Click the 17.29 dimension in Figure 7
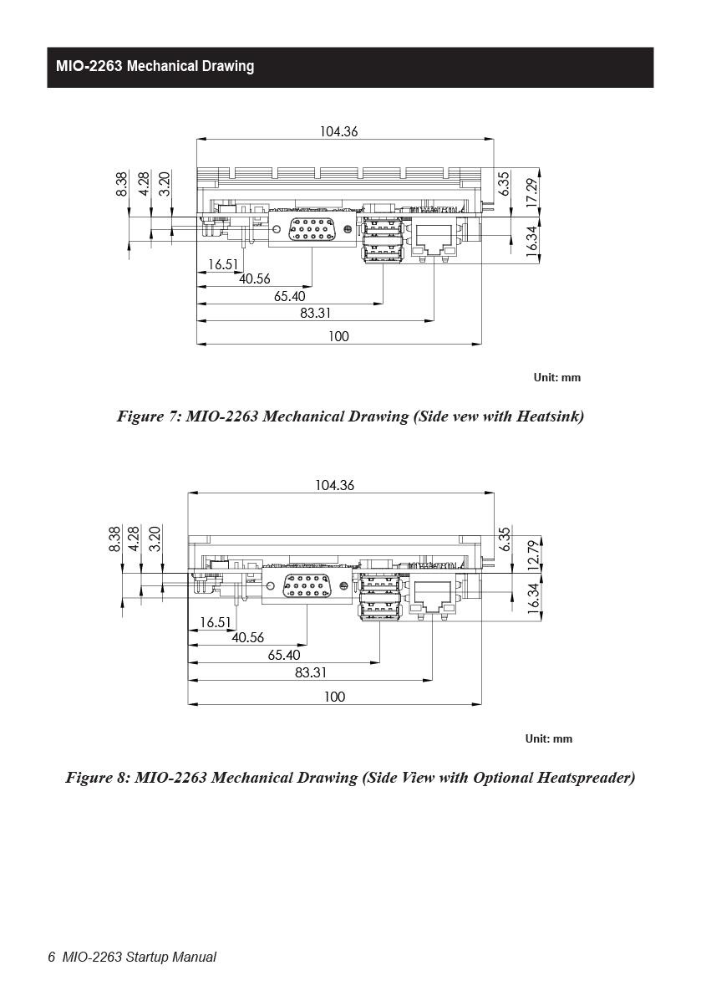click(531, 192)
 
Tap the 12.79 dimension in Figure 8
click(533, 554)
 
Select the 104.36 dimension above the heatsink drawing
click(338, 131)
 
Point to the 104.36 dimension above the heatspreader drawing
click(335, 485)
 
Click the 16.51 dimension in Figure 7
click(223, 264)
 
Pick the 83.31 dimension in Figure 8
click(311, 672)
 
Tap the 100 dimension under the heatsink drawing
click(338, 337)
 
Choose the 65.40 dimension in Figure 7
click(289, 297)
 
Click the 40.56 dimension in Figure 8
click(247, 637)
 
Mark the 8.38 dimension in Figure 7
click(122, 184)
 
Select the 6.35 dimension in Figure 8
click(505, 539)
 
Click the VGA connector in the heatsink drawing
click(311, 229)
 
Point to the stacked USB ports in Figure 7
click(383, 239)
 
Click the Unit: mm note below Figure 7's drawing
click(557, 378)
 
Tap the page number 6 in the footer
click(52, 958)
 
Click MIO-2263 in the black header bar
click(89, 67)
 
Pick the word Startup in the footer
click(147, 958)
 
